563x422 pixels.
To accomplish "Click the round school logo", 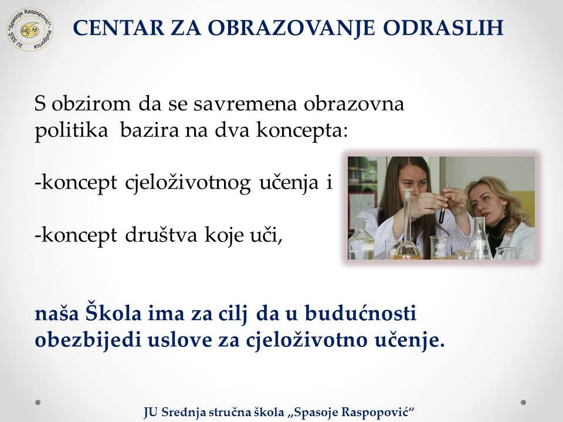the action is pyautogui.click(x=30, y=29).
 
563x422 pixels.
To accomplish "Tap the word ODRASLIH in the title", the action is pyautogui.click(x=443, y=28).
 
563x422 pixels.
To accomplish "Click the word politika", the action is pyautogui.click(x=71, y=131).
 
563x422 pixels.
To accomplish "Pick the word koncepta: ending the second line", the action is pyautogui.click(x=302, y=131).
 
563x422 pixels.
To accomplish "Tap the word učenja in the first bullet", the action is pyautogui.click(x=289, y=183).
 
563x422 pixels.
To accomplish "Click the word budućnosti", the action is pyautogui.click(x=361, y=313).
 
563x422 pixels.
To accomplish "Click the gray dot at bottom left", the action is pyautogui.click(x=38, y=402).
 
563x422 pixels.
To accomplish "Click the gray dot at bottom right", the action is pyautogui.click(x=524, y=402).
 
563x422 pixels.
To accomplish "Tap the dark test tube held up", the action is pyautogui.click(x=442, y=212).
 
